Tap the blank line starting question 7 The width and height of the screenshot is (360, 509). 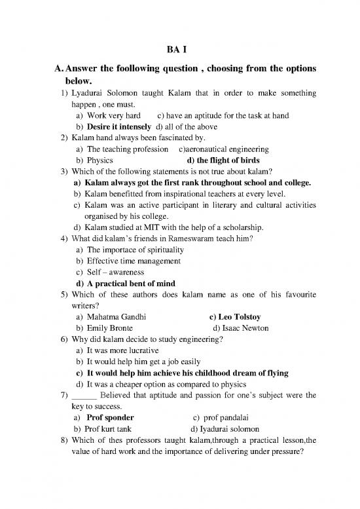(83, 396)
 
